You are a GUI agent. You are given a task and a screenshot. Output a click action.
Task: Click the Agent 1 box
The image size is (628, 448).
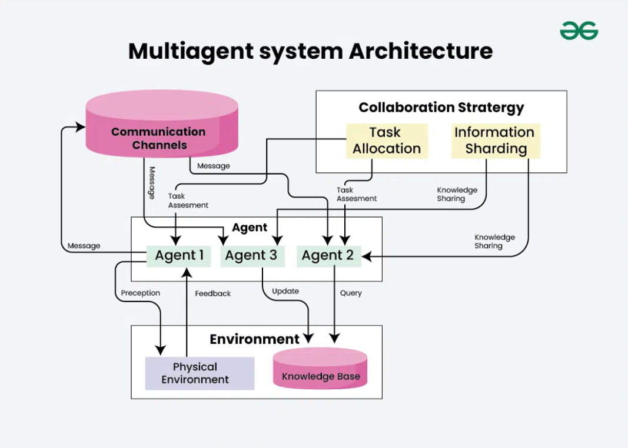(x=178, y=256)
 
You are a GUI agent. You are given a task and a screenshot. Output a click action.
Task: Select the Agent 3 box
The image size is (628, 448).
(x=252, y=256)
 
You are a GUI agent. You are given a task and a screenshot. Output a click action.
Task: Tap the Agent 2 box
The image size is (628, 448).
(x=328, y=256)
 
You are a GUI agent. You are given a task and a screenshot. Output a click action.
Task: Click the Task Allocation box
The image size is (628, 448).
(x=387, y=141)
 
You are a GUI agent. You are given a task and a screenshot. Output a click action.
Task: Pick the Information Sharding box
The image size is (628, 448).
(x=496, y=141)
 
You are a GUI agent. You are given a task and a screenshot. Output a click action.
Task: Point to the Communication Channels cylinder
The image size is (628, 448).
(x=162, y=123)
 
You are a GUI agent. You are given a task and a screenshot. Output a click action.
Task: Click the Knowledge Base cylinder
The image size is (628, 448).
(x=320, y=369)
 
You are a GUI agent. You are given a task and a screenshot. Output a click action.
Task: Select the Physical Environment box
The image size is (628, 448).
(x=200, y=373)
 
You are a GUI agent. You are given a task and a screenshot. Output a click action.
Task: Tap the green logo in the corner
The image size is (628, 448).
(x=579, y=31)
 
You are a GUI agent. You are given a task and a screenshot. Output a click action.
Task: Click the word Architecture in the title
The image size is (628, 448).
(x=421, y=51)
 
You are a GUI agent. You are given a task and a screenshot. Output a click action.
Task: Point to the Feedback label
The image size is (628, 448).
(x=212, y=293)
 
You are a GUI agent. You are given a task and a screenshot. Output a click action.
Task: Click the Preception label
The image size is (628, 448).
(x=140, y=293)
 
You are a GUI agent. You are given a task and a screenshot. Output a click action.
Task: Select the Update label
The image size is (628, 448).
(x=285, y=291)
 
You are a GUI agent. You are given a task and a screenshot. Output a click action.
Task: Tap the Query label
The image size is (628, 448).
(x=350, y=293)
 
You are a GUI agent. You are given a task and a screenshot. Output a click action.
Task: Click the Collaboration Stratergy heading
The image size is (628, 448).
(x=441, y=108)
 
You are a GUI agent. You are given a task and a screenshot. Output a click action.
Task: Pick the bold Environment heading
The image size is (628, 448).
(x=254, y=339)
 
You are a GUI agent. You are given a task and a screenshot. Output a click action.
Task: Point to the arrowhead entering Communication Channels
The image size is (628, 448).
(x=81, y=127)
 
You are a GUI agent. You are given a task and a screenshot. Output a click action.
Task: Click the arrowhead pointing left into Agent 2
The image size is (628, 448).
(x=367, y=256)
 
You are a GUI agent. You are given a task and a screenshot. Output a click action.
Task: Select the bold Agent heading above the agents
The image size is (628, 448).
(x=250, y=228)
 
